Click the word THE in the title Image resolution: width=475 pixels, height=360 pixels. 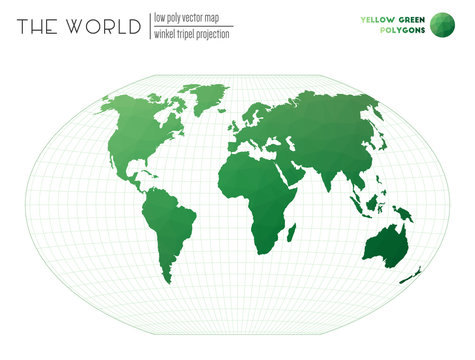coord(38,26)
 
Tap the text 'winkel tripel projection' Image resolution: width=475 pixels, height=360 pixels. coord(191,34)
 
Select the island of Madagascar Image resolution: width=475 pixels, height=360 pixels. coord(292,232)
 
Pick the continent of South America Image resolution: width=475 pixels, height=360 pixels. coord(165,220)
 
